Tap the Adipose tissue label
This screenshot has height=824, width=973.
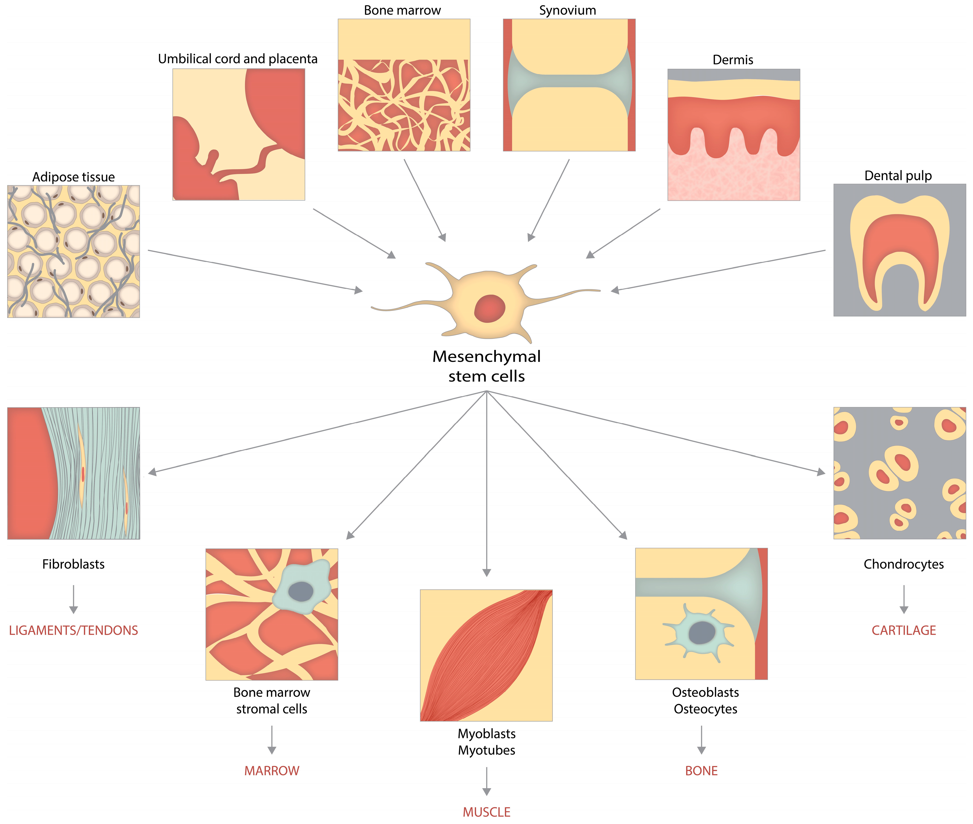73,177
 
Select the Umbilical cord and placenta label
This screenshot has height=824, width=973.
238,59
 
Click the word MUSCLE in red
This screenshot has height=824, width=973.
486,812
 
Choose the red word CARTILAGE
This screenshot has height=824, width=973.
903,630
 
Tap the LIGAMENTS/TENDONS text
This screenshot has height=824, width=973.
73,630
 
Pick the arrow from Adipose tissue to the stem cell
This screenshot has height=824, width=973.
254,270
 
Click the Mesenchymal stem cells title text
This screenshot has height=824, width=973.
486,366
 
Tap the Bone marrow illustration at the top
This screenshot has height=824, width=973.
404,85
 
